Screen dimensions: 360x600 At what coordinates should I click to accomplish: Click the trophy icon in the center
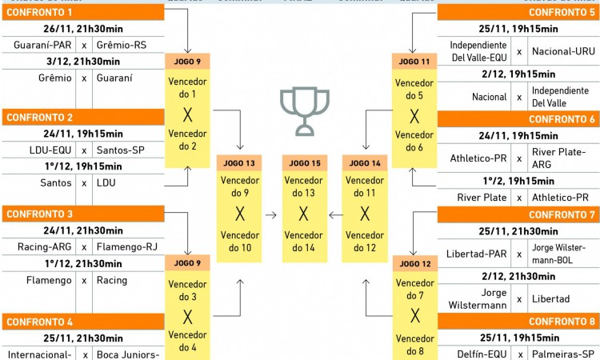coord(304,112)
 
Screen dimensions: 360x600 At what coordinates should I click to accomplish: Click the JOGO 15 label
coord(304,163)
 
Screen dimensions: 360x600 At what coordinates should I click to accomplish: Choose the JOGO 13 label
coord(239,163)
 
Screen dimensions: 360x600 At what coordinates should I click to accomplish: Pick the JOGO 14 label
coord(366,163)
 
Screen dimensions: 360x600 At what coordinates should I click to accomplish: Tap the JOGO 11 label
coord(414,62)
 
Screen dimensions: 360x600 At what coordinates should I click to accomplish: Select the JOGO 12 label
coord(414,263)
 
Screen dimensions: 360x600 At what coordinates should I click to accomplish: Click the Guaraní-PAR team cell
coord(40,46)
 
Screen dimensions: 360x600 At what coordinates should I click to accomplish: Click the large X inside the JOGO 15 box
coord(304,214)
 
